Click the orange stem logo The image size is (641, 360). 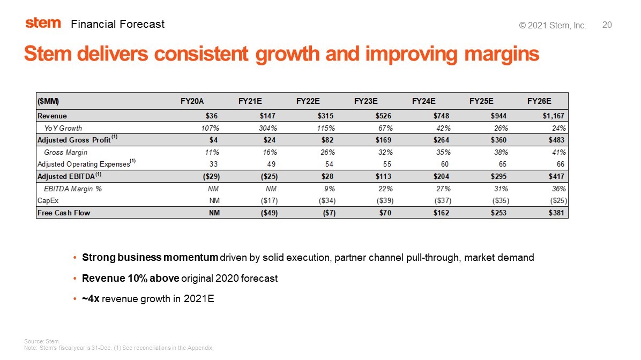point(43,23)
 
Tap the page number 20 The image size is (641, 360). point(607,25)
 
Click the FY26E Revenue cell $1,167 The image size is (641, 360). point(552,115)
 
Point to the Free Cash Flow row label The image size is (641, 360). point(63,213)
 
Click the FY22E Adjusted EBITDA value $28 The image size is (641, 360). point(327,176)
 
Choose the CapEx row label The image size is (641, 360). point(48,200)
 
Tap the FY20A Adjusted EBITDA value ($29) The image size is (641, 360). point(208,176)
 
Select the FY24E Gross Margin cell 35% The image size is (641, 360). point(442,152)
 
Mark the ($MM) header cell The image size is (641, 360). point(48,101)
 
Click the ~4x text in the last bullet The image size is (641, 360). point(90,299)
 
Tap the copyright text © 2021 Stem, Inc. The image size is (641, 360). point(553,26)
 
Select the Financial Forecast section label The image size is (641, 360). point(117,24)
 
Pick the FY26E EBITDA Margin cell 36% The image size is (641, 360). point(558,189)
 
